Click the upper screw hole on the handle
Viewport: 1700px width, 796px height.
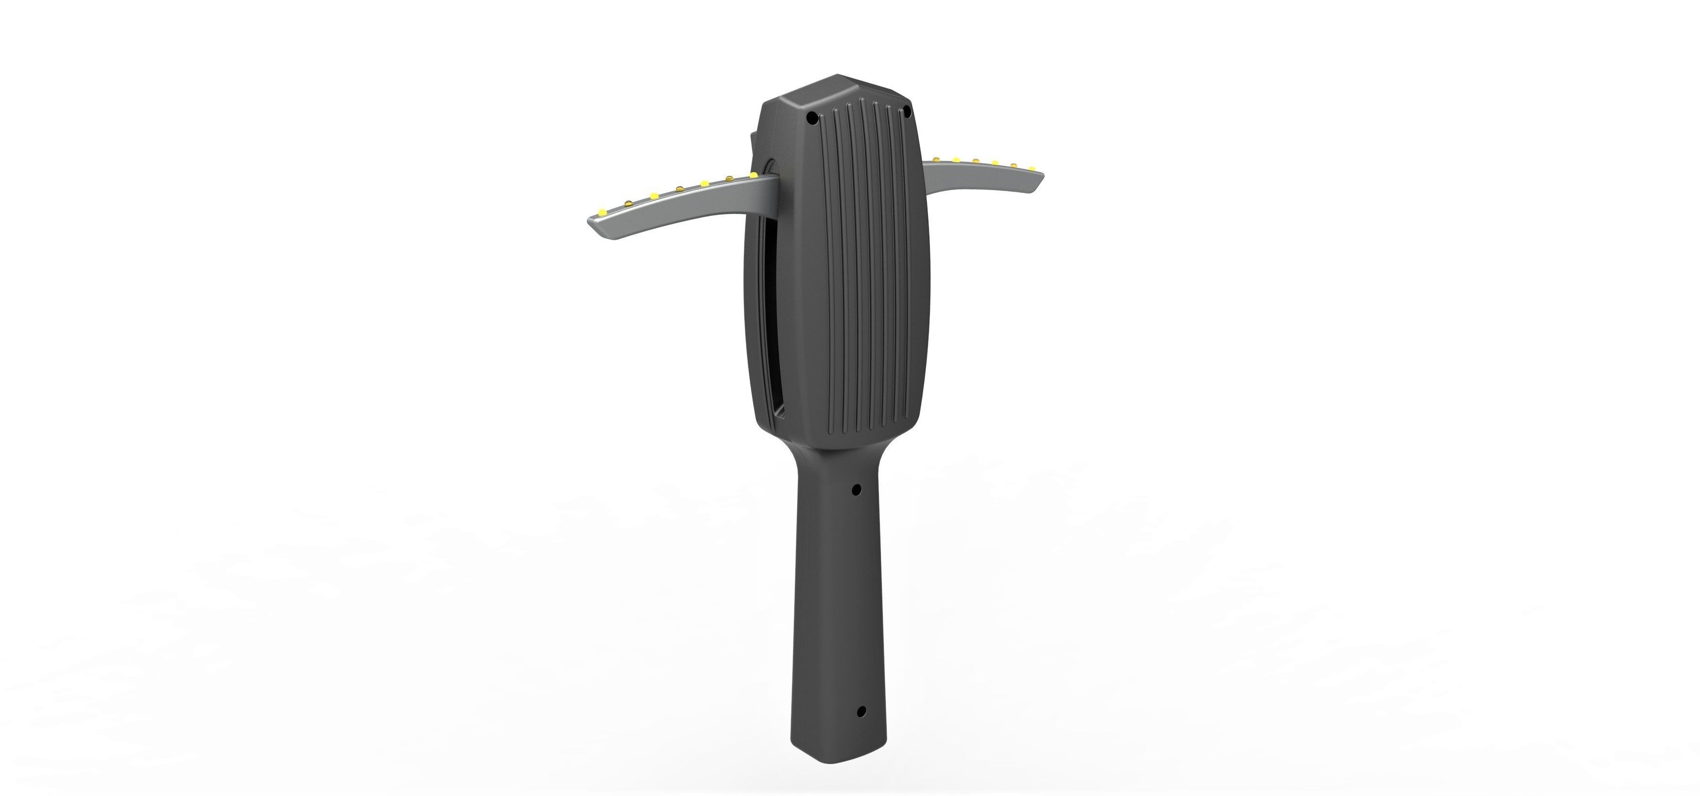point(857,490)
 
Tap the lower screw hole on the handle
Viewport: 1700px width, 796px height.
point(860,712)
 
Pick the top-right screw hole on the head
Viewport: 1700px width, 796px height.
point(907,110)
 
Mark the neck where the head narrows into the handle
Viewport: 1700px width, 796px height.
point(825,455)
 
